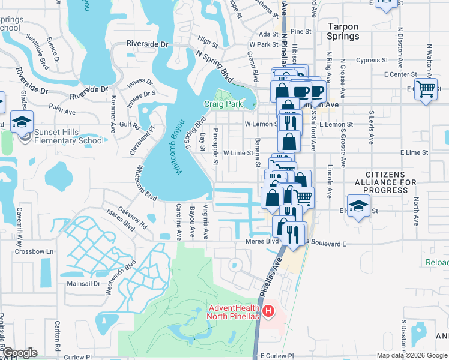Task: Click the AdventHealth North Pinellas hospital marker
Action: click(268, 311)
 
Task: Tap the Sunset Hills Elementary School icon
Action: click(22, 122)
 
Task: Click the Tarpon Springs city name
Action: click(343, 31)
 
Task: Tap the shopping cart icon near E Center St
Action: click(426, 89)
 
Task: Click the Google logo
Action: click(19, 353)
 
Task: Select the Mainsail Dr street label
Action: click(83, 283)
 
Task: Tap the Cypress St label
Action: click(372, 61)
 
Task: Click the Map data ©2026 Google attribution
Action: click(412, 355)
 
